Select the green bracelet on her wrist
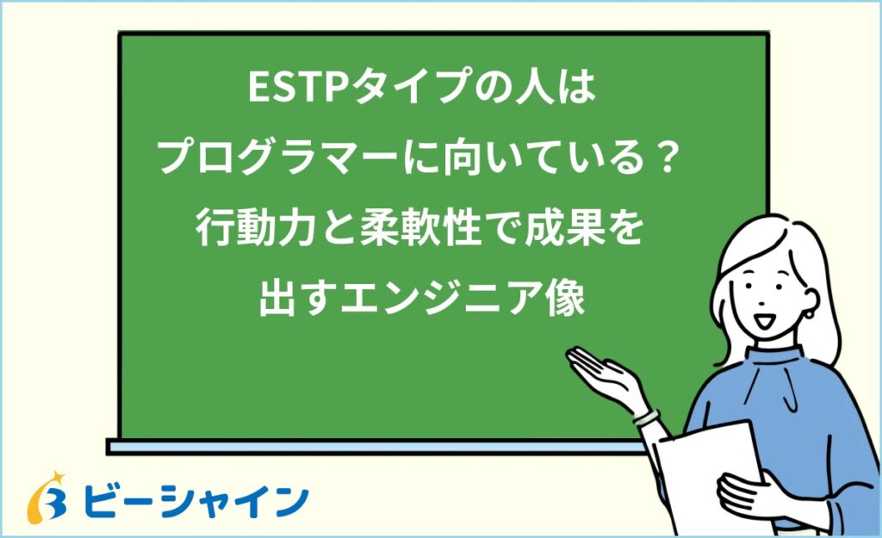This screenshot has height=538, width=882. point(645,416)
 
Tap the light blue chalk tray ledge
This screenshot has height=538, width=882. point(370,447)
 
